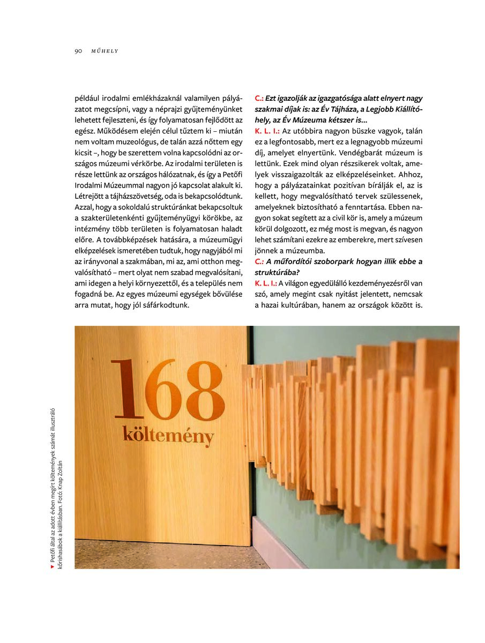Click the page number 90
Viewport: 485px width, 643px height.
tap(78, 51)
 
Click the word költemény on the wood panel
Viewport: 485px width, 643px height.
tap(168, 435)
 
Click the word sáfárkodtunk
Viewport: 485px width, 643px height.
tap(164, 305)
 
